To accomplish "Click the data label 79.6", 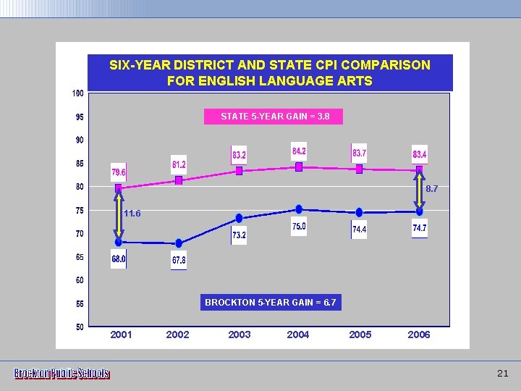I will coord(119,172).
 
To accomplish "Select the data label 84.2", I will coord(298,151).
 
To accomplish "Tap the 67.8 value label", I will coord(179,260).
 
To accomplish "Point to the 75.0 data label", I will coord(299,227).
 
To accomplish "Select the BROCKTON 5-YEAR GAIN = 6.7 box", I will coord(271,302).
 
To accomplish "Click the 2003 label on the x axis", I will coord(240,335).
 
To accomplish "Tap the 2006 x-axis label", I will coord(419,335).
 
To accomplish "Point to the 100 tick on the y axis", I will coord(78,93).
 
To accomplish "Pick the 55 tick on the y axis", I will coord(79,303).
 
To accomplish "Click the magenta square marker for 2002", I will coord(179,180).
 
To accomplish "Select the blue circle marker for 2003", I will coord(240,218).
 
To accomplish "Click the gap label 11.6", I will coord(132,214).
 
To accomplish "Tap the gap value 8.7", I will coord(431,188).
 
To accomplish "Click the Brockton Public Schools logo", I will coord(62,374).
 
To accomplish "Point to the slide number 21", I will coord(503,374).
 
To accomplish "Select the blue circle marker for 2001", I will coord(119,243).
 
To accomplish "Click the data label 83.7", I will coord(359,154).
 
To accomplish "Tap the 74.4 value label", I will coord(359,230).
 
